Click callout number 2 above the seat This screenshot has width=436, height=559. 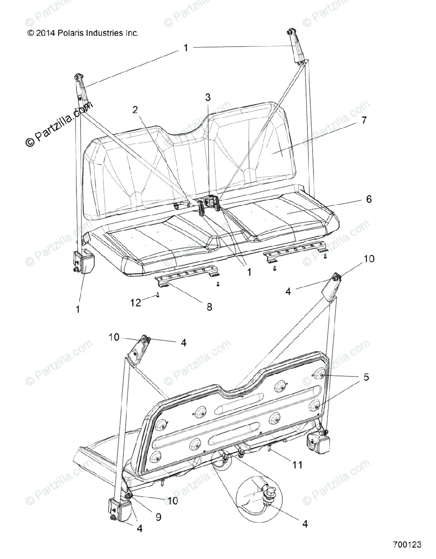click(122, 110)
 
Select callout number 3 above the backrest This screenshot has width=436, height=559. click(208, 97)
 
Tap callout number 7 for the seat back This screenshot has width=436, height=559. click(363, 120)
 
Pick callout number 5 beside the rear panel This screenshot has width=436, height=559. click(366, 377)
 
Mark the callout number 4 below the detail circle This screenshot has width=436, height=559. click(305, 524)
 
